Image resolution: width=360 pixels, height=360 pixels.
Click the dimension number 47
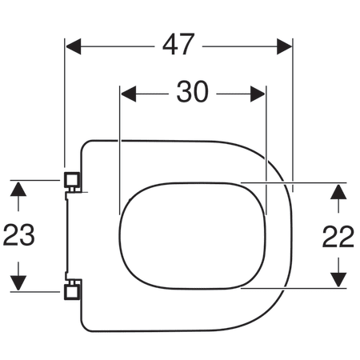178,44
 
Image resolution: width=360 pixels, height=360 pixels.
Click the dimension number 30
192,92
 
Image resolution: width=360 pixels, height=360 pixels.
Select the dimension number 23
18,235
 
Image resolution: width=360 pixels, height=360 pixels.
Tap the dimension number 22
338,237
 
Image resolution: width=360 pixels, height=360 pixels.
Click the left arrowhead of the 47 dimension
74,46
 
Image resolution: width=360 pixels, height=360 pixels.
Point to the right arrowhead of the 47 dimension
284,46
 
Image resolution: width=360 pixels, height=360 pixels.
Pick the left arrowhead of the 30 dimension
129,94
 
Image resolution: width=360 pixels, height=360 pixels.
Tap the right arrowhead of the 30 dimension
258,94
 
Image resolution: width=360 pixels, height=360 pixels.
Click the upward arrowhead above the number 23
18,189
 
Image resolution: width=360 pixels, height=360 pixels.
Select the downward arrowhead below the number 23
18,283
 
